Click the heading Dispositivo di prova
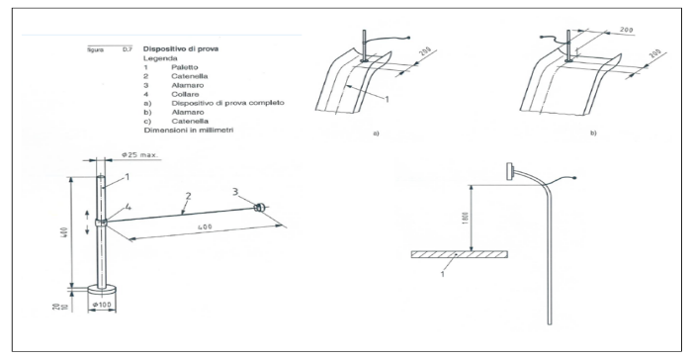click(181, 49)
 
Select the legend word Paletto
click(185, 67)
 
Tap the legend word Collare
click(186, 94)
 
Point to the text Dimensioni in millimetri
click(189, 130)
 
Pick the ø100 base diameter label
click(102, 305)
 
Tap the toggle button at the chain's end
click(259, 207)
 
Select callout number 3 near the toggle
click(235, 191)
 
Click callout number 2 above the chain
click(189, 196)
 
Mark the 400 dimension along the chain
click(206, 227)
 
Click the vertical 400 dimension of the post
click(65, 231)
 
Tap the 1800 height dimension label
click(466, 218)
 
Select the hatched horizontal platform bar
click(459, 254)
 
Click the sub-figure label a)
click(376, 133)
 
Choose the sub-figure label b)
click(593, 133)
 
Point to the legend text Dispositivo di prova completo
click(227, 103)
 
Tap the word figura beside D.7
click(95, 49)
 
